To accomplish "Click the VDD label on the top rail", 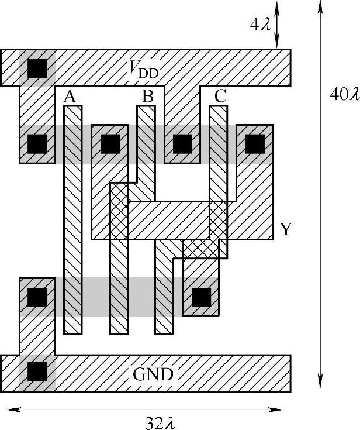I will pos(144,70).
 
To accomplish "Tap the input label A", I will pos(70,97).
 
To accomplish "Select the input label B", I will pos(148,97).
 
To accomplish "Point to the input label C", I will pos(220,97).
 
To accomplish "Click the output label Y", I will pos(285,229).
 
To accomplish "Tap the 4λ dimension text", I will pos(257,25).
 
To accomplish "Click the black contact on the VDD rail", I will pos(37,68).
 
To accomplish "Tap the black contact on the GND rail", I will pos(37,371).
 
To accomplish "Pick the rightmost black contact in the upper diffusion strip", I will pos(255,143).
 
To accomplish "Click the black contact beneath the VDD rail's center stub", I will pos(182,143).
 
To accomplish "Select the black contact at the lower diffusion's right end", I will pos(201,297).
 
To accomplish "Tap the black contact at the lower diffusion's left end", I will pos(37,297).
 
